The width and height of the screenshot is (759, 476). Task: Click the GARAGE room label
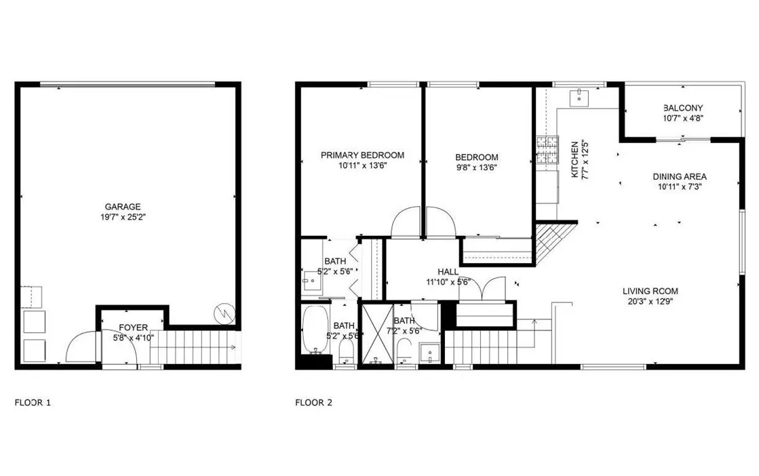123,206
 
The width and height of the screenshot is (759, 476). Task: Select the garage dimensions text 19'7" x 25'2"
123,218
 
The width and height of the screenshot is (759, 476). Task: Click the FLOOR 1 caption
33,402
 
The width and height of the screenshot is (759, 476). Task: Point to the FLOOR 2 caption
313,402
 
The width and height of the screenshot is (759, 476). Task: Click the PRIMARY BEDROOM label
362,155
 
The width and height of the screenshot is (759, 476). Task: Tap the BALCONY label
683,108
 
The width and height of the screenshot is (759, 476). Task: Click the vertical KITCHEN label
575,159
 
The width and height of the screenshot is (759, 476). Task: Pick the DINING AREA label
680,176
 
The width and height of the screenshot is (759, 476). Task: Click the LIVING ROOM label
650,292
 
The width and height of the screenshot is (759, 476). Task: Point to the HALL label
448,271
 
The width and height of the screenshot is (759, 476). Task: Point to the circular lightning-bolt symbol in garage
222,313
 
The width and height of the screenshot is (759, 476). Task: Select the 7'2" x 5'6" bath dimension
404,332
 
